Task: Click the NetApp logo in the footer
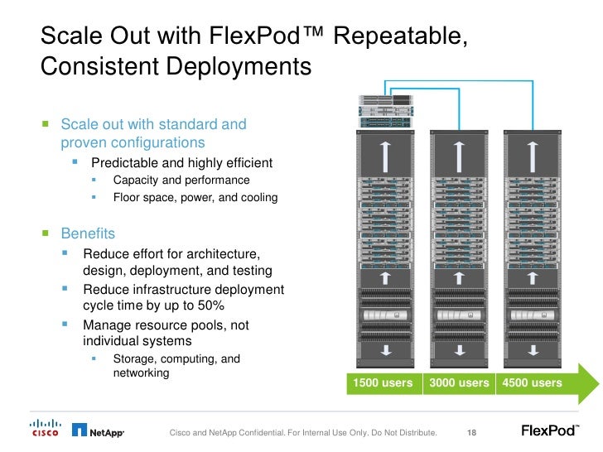click(x=98, y=430)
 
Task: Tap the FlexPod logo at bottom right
click(x=550, y=430)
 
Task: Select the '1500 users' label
click(x=382, y=383)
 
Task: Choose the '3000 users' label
click(x=458, y=383)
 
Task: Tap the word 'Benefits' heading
click(x=89, y=234)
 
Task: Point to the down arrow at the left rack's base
click(x=383, y=351)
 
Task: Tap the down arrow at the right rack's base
click(x=532, y=351)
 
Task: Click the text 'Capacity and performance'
click(x=181, y=180)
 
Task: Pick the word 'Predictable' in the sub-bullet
click(x=125, y=162)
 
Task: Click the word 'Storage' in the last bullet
click(x=133, y=359)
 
